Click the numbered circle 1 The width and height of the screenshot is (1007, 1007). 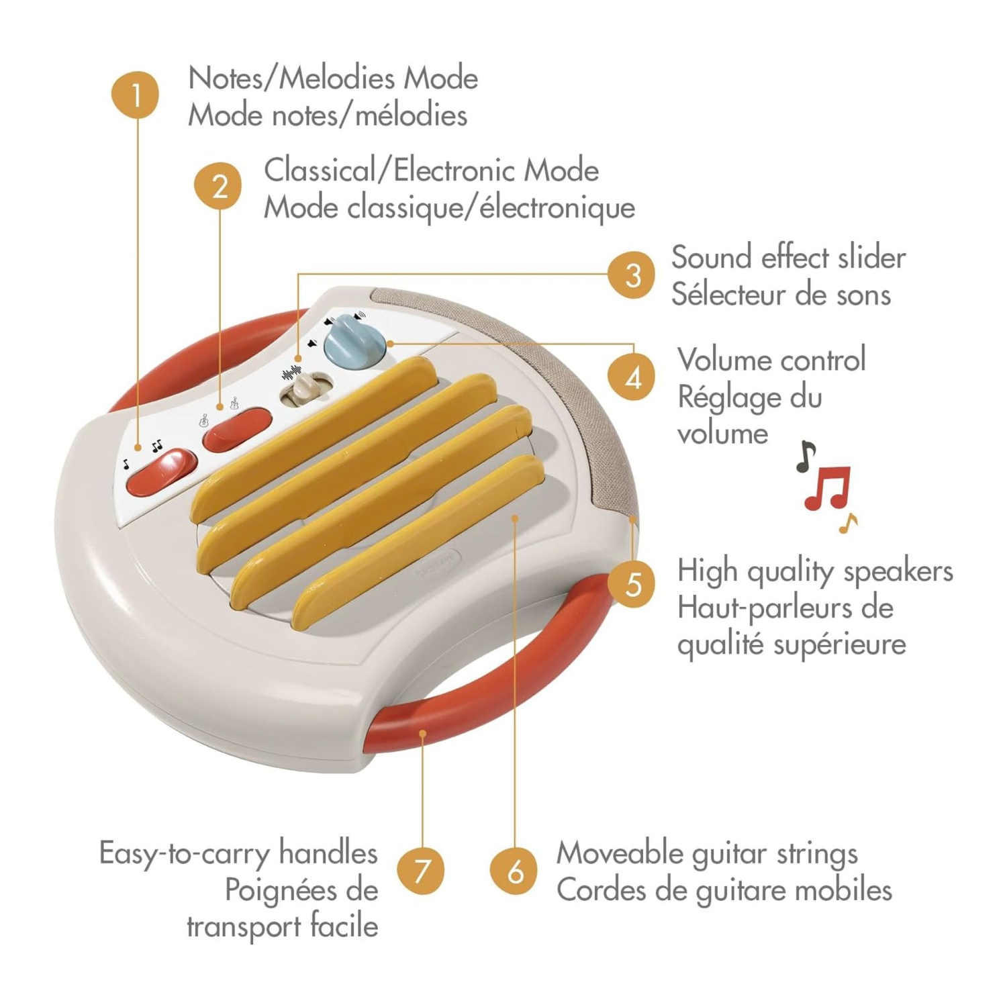click(136, 95)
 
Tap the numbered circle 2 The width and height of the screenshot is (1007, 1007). click(218, 186)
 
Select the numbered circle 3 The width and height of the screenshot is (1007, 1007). click(632, 275)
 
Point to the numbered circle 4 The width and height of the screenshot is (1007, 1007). click(632, 377)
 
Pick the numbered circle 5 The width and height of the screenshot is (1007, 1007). click(632, 584)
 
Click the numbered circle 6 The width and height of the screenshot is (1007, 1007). click(514, 871)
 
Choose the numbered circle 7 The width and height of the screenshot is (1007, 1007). click(421, 871)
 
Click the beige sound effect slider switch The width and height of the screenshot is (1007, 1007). click(306, 391)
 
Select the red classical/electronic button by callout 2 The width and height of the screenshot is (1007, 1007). click(238, 430)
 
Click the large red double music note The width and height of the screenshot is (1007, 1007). click(828, 488)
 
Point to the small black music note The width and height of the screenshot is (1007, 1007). click(806, 457)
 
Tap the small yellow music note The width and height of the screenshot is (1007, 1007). click(849, 523)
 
